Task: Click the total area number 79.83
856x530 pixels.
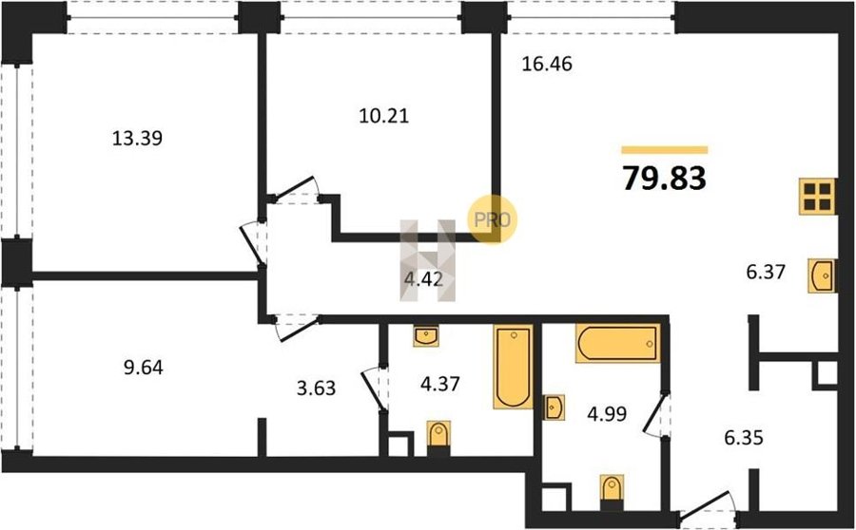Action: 665,178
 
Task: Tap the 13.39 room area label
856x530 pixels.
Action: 138,139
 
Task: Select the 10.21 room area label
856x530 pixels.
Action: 384,116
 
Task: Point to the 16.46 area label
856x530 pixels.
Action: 547,64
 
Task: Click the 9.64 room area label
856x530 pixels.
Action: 144,368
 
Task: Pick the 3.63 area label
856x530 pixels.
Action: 316,388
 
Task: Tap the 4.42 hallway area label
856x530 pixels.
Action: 423,279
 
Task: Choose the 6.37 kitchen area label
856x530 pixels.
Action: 766,271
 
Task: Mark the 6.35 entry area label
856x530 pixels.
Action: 743,437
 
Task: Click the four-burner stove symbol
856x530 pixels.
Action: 817,197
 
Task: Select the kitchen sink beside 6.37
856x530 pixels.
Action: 822,275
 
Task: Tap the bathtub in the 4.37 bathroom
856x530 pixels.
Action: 514,367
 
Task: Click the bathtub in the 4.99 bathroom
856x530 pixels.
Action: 617,343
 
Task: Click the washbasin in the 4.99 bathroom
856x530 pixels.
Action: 554,407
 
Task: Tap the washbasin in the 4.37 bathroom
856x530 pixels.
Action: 426,336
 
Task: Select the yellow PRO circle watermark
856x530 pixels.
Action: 492,219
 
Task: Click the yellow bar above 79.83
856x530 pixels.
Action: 665,150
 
